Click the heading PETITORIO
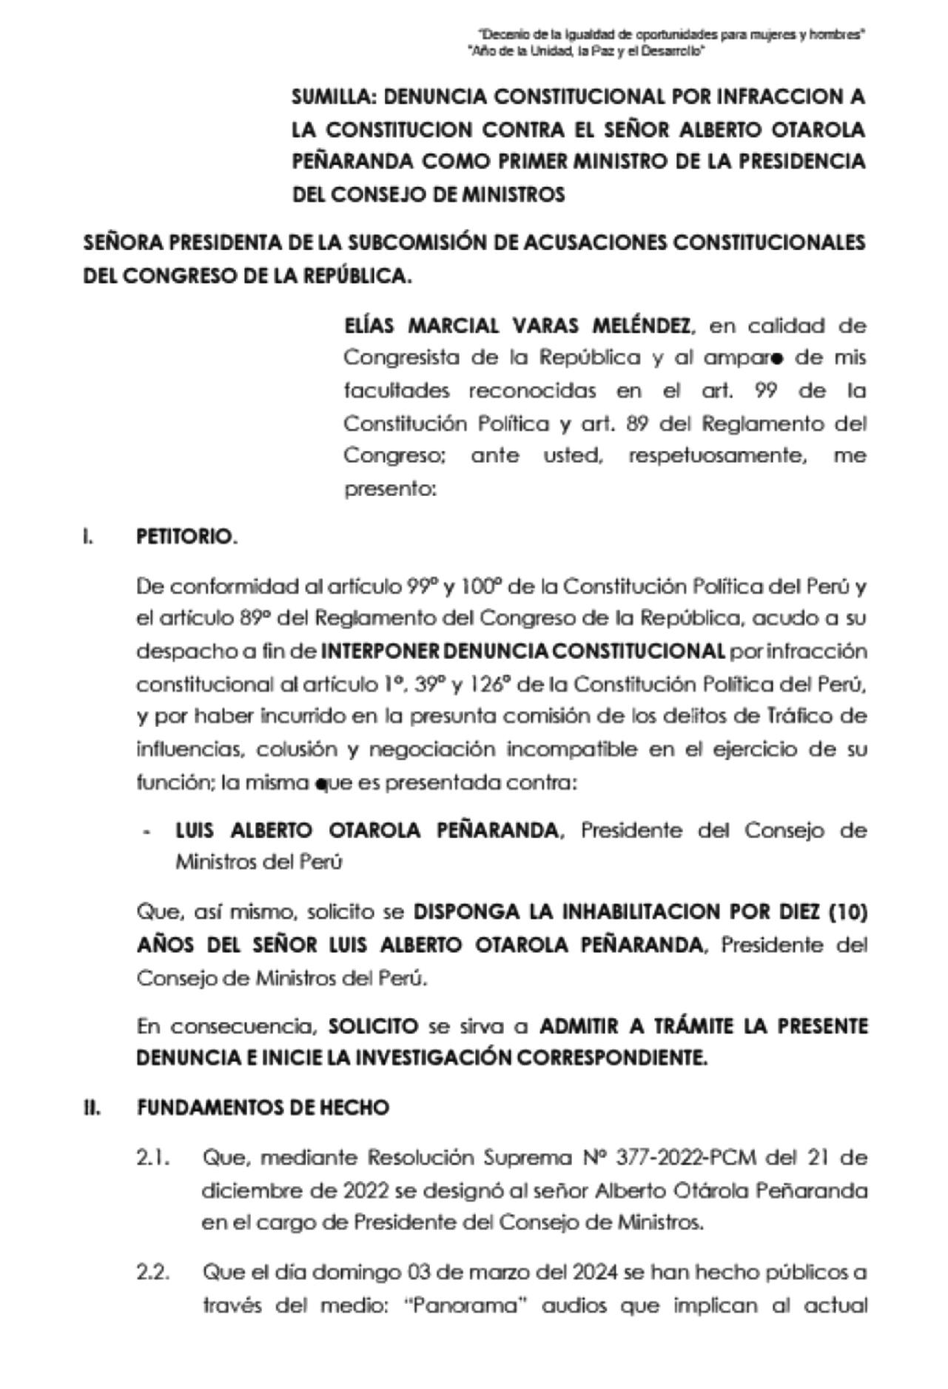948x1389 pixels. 186,538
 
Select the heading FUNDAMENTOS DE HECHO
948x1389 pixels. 263,1108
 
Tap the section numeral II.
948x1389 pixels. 92,1108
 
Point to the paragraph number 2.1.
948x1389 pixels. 153,1157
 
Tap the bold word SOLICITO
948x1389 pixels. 373,1027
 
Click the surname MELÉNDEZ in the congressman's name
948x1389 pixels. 640,326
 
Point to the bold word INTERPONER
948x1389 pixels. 372,652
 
